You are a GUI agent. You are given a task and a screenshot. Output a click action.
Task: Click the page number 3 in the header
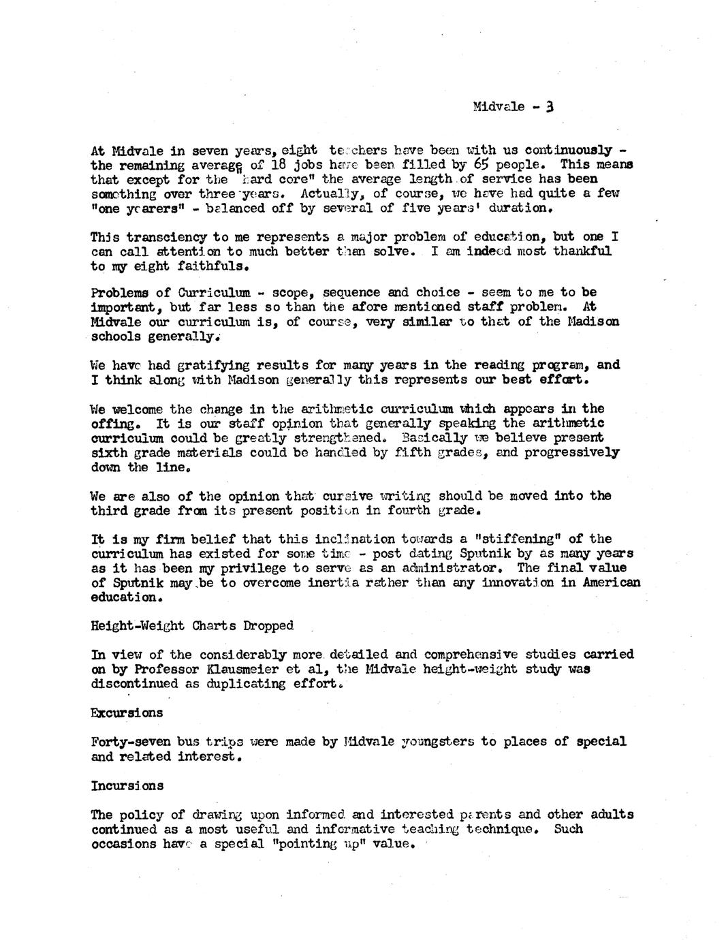click(x=550, y=106)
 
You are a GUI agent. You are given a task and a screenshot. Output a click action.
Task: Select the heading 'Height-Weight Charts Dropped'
click(x=192, y=625)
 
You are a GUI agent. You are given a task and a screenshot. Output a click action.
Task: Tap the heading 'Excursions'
click(x=127, y=712)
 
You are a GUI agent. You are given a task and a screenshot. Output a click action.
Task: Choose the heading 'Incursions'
click(x=127, y=785)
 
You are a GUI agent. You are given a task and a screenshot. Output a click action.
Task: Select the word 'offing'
click(x=112, y=423)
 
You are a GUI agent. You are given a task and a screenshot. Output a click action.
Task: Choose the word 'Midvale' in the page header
click(x=499, y=107)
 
